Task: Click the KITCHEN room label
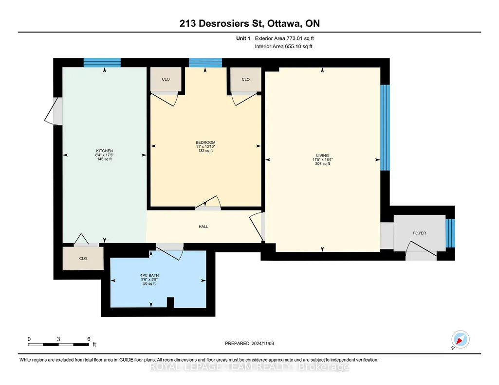(104, 151)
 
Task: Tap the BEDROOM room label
(205, 142)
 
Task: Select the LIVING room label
(322, 156)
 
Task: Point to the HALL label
(203, 227)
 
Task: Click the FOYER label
(420, 233)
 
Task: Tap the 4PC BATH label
(149, 276)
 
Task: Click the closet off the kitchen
(83, 258)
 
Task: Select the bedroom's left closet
(166, 79)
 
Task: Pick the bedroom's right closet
(246, 79)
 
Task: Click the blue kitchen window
(102, 63)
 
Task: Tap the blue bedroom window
(205, 63)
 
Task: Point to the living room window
(385, 127)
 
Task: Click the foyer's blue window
(450, 233)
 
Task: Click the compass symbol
(460, 340)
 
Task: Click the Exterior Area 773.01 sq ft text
(284, 38)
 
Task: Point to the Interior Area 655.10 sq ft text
(283, 46)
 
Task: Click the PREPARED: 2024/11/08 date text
(249, 343)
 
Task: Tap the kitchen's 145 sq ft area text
(104, 159)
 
